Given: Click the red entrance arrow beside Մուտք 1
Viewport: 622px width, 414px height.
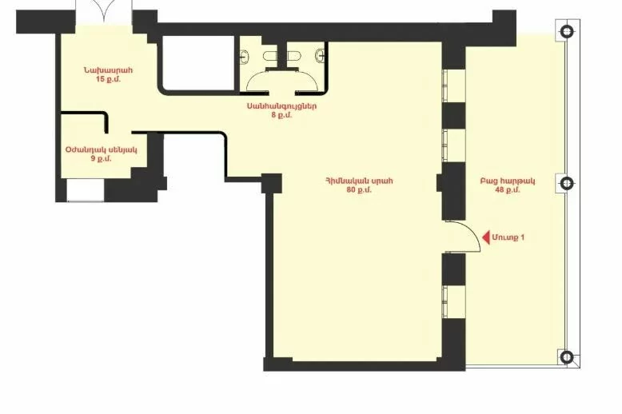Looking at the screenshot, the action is pos(486,238).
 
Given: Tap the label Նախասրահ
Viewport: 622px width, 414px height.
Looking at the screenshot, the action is pos(108,70).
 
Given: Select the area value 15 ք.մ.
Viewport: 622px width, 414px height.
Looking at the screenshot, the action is pos(108,79).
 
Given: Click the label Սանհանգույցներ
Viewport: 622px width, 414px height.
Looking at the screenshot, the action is pos(281,106).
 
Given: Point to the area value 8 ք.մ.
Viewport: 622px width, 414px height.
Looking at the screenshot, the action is pos(281,115).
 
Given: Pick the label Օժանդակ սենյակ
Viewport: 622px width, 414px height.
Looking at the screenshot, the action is pos(102,150).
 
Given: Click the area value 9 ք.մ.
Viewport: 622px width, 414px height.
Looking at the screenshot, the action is pos(102,159).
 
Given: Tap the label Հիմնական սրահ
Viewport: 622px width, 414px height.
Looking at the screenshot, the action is pos(359,181).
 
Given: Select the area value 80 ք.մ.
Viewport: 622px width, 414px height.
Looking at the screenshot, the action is pos(359,190).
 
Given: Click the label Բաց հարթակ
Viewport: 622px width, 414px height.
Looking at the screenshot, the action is pos(508,181).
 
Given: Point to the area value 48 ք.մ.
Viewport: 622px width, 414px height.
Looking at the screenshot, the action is pos(508,190).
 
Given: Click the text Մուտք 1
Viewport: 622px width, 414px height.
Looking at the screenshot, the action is pos(508,237).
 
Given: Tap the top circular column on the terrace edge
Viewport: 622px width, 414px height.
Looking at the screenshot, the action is pos(567,31).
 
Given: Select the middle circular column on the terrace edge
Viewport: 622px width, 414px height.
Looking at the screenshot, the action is pos(567,183).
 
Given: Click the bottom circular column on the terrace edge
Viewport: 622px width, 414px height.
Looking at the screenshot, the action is pos(567,357).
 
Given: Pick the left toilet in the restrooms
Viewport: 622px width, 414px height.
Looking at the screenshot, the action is pos(271,56).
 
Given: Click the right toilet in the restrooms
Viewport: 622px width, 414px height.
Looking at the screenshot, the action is pos(293,56).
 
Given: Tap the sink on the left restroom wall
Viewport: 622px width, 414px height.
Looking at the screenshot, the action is pos(245,57).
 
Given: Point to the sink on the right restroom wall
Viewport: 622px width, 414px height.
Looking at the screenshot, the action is pos(320,57).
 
